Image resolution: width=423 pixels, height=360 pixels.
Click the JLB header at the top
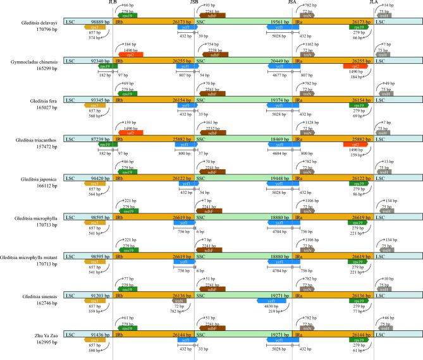click(113, 3)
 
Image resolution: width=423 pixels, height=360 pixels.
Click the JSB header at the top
click(194, 3)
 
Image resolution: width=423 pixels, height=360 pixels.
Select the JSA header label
click(293, 3)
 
